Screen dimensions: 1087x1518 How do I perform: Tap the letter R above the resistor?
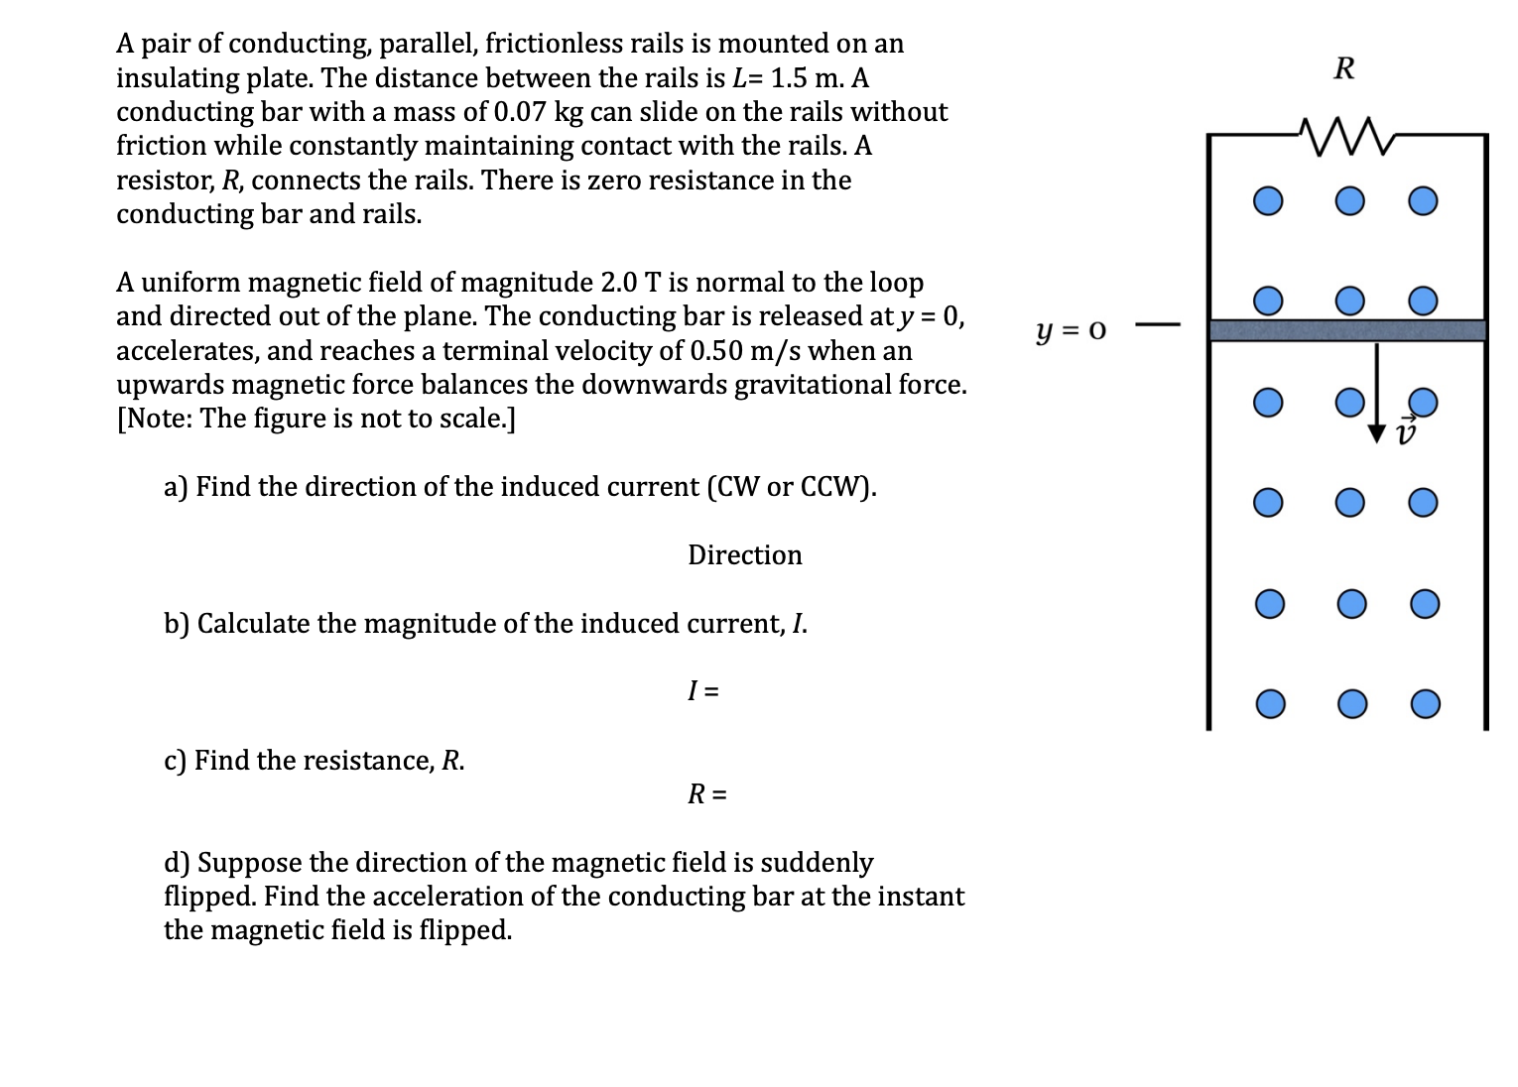click(x=1344, y=69)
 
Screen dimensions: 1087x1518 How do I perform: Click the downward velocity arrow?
click(x=1376, y=392)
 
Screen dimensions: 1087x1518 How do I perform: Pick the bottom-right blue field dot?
click(x=1425, y=704)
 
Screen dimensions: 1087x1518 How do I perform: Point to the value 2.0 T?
click(x=631, y=283)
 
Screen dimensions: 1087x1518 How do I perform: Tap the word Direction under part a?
click(x=744, y=555)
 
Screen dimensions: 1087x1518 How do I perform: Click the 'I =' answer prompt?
click(x=703, y=690)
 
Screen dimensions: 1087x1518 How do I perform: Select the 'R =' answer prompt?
click(x=706, y=793)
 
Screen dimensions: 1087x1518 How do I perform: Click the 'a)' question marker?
click(x=176, y=487)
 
